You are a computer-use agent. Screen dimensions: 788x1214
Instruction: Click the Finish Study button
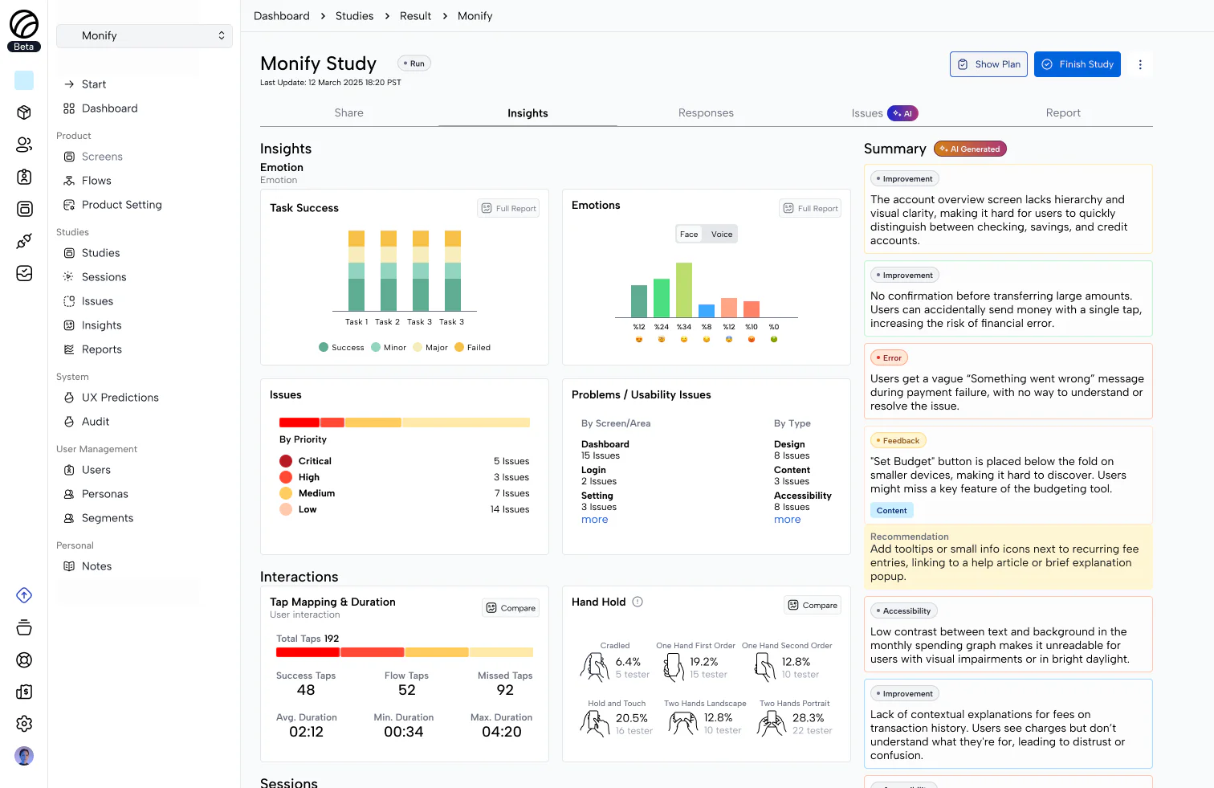[x=1077, y=64]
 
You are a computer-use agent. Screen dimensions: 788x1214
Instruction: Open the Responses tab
[x=706, y=113]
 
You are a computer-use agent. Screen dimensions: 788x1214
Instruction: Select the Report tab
[x=1062, y=113]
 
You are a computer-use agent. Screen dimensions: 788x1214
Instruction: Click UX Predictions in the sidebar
[x=120, y=398]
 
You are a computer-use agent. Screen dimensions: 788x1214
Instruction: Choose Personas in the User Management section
[x=104, y=494]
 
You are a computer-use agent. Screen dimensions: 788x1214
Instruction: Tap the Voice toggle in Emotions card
[x=721, y=235]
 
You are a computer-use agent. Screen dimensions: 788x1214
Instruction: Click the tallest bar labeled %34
[x=683, y=290]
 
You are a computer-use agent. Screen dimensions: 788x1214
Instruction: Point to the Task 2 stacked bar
[x=388, y=272]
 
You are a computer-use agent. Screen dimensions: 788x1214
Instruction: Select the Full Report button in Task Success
[x=508, y=209]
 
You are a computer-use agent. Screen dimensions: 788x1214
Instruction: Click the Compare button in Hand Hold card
[x=812, y=606]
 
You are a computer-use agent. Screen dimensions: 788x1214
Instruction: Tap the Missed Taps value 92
[x=505, y=690]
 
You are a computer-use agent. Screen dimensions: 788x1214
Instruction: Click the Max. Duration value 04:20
[x=501, y=732]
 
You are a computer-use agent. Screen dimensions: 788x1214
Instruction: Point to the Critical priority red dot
[x=286, y=461]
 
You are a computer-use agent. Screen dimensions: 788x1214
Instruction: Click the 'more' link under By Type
[x=787, y=520]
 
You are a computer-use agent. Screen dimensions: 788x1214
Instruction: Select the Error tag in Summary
[x=889, y=358]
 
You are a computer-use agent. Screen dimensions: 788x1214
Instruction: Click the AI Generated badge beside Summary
[x=970, y=149]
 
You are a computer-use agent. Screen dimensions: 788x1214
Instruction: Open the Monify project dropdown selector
[x=145, y=36]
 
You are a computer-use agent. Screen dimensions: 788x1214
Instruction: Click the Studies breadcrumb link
[x=354, y=16]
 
